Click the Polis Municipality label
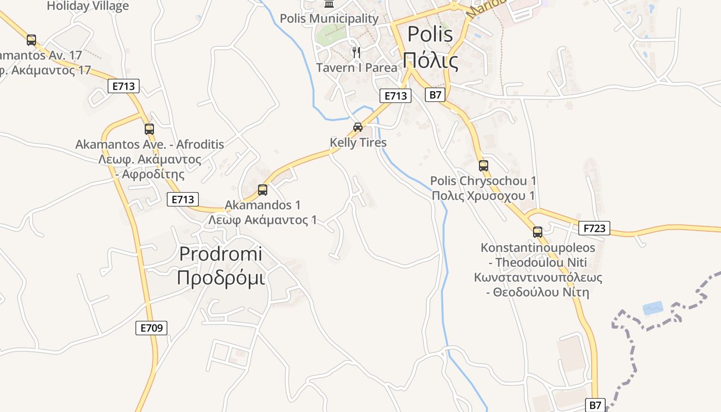click(x=329, y=19)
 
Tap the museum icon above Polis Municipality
click(x=329, y=4)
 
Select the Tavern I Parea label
click(x=356, y=67)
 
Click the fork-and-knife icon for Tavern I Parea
click(x=356, y=52)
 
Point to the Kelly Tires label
click(x=358, y=143)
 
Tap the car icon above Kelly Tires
click(x=357, y=127)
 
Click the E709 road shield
click(x=151, y=328)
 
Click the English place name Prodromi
click(x=220, y=254)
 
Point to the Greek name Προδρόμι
click(x=220, y=278)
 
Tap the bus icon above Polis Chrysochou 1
click(x=483, y=166)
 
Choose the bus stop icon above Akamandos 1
click(x=263, y=190)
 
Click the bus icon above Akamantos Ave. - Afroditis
click(x=149, y=129)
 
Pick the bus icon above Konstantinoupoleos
click(x=538, y=232)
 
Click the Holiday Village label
click(x=88, y=6)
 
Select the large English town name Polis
click(x=430, y=35)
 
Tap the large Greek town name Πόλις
click(x=431, y=60)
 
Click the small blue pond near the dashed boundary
click(x=653, y=308)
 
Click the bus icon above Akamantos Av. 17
click(x=31, y=40)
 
